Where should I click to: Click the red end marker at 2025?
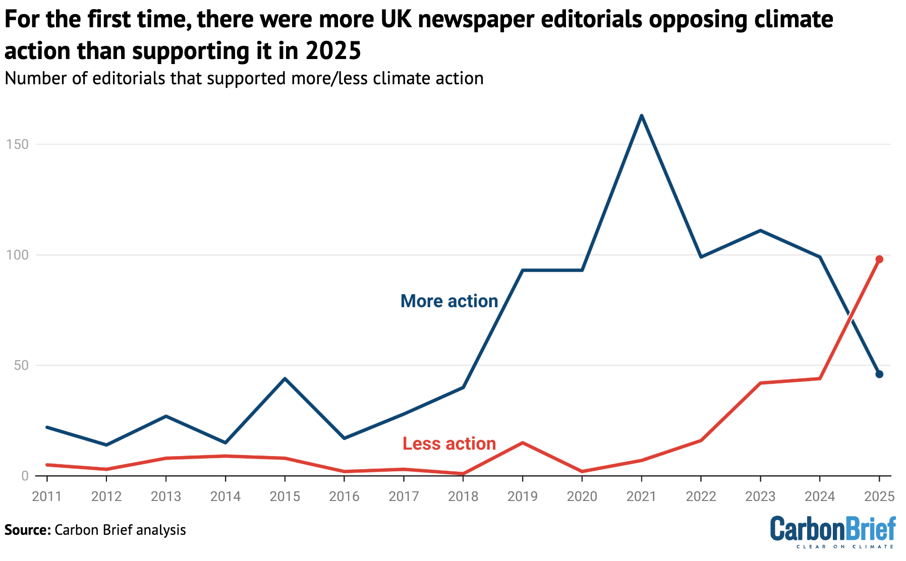(879, 259)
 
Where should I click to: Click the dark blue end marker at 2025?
(879, 374)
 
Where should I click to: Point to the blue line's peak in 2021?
(641, 116)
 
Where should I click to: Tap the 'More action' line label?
(449, 301)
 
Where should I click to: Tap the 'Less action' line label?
(449, 443)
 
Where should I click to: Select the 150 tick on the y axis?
(17, 145)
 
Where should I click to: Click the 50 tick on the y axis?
(21, 365)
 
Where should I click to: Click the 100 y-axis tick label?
(17, 255)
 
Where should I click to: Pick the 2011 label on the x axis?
(46, 496)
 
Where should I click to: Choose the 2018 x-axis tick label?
(463, 496)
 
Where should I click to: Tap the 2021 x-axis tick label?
(641, 496)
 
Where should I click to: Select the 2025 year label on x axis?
(879, 496)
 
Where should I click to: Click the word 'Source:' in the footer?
(27, 530)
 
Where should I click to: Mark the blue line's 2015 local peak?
(285, 378)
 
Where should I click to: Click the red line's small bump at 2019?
(523, 443)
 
